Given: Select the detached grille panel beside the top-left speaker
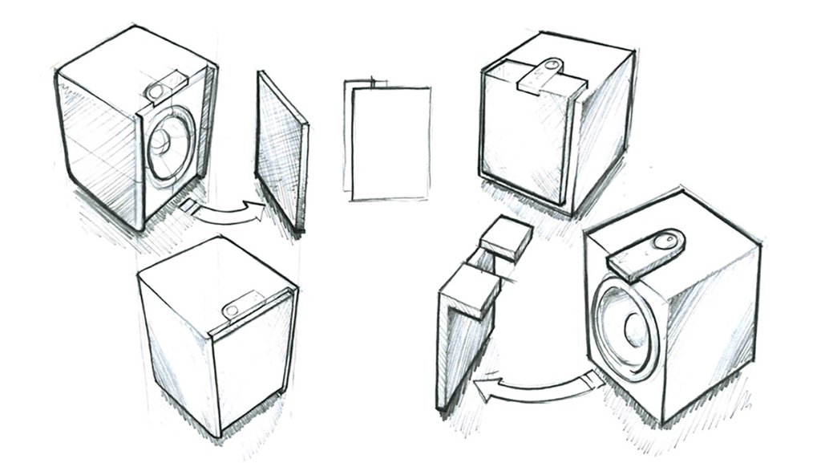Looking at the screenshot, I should pos(281,152).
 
